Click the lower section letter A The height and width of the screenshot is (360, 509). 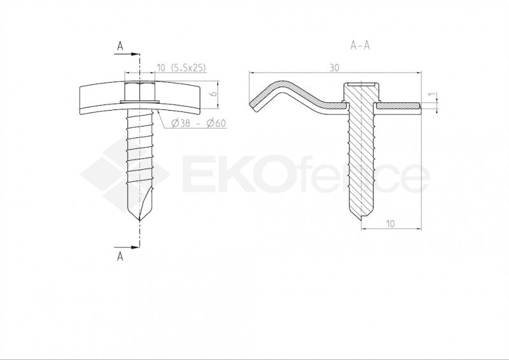pos(120,257)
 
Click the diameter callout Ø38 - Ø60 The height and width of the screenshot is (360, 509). pos(199,123)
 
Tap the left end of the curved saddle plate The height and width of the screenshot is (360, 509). pos(81,100)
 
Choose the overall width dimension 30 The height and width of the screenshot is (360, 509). pos(335,66)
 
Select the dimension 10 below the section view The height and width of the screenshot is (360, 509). pos(390,223)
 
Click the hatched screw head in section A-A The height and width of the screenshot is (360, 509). pos(361,93)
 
